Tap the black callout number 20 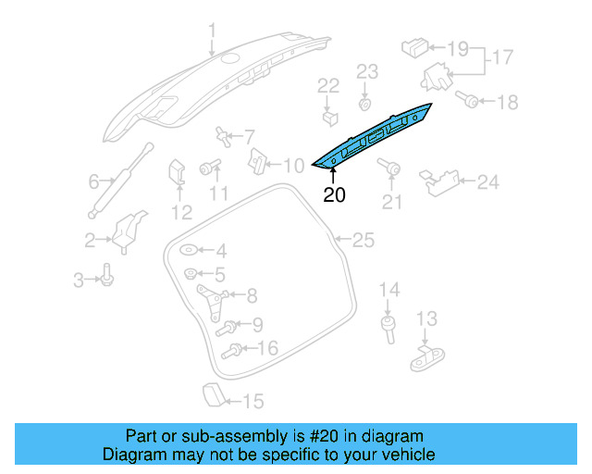(334, 195)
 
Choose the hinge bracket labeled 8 (213, 297)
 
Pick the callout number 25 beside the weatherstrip (364, 241)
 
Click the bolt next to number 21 (391, 168)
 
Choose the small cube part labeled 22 (328, 117)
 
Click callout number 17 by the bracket (501, 57)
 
